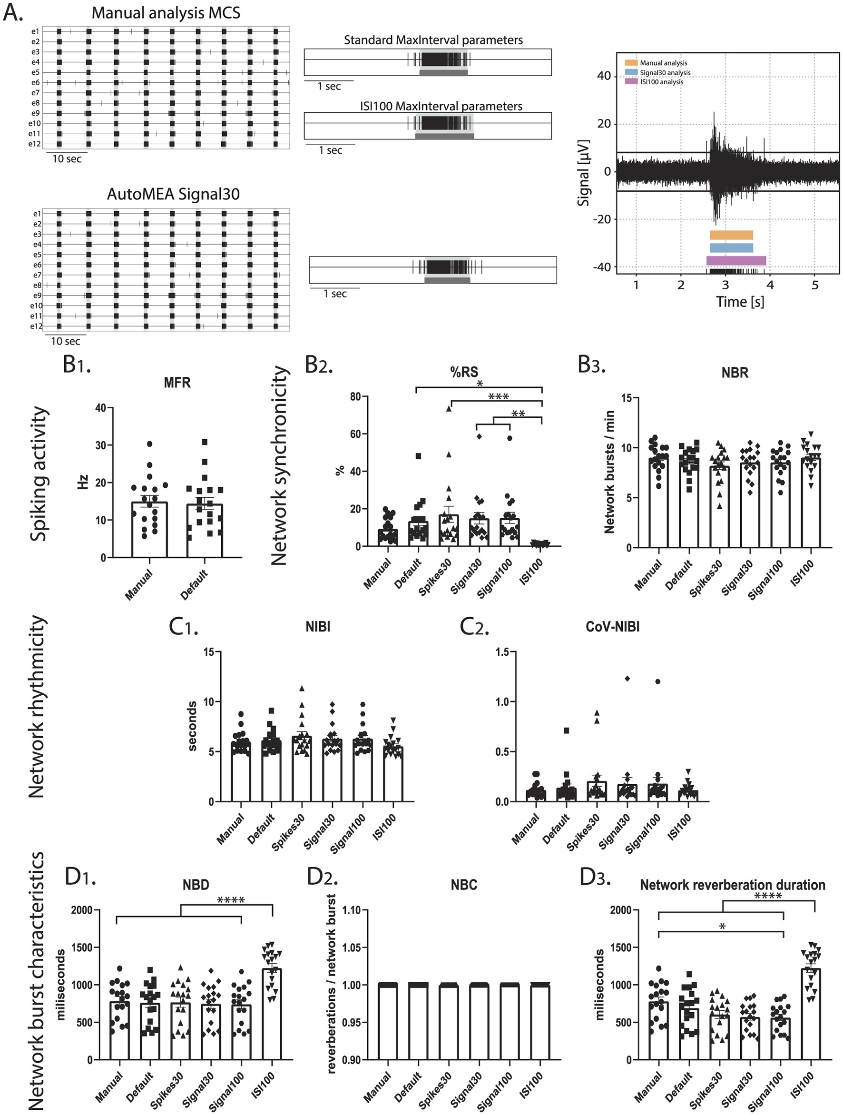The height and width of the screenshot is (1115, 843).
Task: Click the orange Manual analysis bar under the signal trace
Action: coord(731,235)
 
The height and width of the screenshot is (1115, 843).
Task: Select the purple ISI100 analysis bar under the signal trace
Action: coord(735,261)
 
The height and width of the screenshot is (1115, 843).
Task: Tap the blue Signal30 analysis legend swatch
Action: coord(631,72)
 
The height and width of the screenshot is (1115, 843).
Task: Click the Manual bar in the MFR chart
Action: coord(149,529)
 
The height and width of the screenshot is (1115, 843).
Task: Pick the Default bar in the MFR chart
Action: coord(205,530)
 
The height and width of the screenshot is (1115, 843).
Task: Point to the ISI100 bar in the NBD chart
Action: coord(272,1013)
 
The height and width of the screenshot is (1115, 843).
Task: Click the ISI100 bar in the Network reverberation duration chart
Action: coord(811,1013)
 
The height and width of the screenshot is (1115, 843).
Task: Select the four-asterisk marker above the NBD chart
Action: coord(230,900)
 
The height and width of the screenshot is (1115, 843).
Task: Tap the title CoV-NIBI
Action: coord(612,627)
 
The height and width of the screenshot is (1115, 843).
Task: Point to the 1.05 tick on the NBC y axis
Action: coord(352,947)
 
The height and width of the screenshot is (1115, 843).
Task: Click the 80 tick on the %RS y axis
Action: coord(355,397)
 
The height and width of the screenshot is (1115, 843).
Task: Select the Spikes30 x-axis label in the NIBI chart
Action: coord(289,832)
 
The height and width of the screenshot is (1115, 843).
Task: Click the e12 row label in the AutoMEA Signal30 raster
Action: coord(36,326)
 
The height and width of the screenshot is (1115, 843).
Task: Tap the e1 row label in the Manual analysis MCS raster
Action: coord(35,31)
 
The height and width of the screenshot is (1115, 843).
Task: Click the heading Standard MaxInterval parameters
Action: coord(433,40)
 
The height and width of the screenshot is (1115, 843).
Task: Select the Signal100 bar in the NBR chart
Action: coord(781,504)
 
